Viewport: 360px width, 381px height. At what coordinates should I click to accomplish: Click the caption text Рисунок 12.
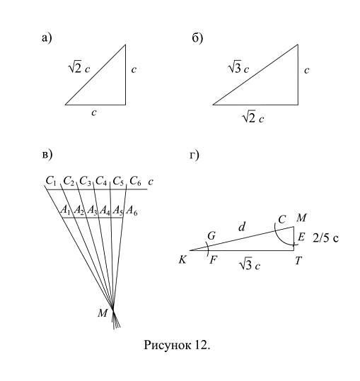(x=177, y=345)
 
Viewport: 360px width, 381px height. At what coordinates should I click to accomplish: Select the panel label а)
(x=47, y=38)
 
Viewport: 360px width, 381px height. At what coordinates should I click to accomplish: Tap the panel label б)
(x=197, y=38)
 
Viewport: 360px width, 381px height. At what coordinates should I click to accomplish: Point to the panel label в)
(x=47, y=155)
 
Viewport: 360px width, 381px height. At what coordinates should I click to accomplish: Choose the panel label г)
(x=194, y=155)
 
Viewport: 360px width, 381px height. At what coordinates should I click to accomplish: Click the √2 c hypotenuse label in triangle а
(x=79, y=67)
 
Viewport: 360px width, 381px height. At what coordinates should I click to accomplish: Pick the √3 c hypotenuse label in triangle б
(x=239, y=67)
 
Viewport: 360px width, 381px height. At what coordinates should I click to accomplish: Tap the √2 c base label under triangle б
(x=253, y=117)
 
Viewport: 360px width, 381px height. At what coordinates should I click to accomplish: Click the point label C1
(x=51, y=181)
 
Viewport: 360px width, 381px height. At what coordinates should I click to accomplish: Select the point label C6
(x=135, y=181)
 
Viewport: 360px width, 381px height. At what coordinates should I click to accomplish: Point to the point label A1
(x=65, y=210)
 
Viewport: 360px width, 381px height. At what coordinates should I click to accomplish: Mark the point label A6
(x=132, y=210)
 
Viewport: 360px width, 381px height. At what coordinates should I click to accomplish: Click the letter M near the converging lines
(x=103, y=313)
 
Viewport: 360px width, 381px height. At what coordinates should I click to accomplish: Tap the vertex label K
(x=182, y=260)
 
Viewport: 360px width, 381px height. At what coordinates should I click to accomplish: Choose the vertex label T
(x=298, y=261)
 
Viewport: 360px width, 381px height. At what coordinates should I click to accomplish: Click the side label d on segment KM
(x=242, y=227)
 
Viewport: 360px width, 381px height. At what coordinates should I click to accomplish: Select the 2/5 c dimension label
(x=325, y=238)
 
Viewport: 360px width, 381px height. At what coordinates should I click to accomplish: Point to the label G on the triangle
(x=211, y=235)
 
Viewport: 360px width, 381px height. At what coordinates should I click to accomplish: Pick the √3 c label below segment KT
(x=250, y=264)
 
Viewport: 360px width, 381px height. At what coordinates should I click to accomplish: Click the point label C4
(x=101, y=181)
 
